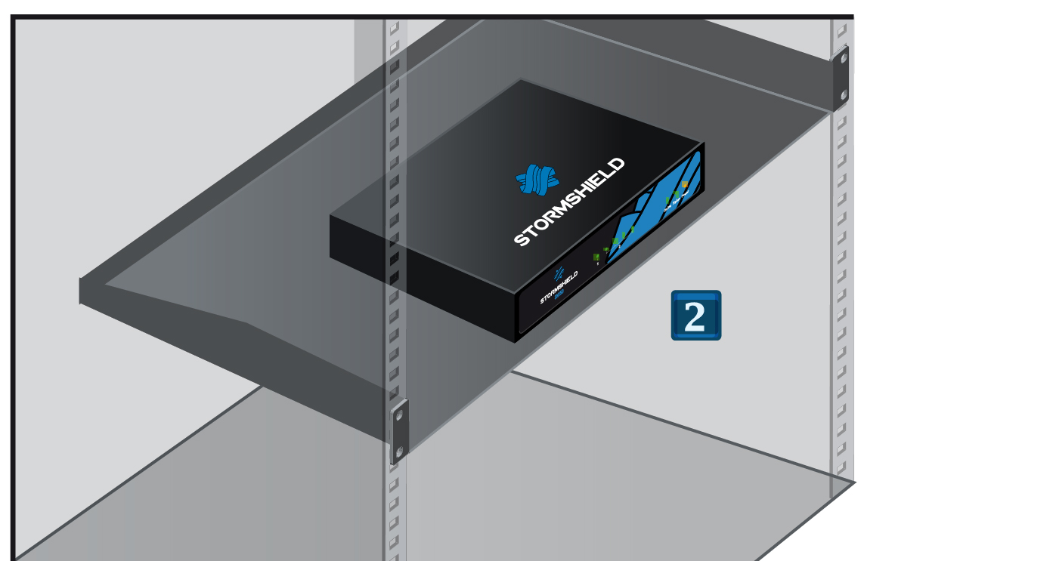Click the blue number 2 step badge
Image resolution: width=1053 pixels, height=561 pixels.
pos(695,316)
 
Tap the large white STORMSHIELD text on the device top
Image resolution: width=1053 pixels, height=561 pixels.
pos(569,202)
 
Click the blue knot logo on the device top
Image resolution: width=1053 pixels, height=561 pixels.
pos(537,180)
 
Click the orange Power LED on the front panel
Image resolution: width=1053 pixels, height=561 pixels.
pos(685,184)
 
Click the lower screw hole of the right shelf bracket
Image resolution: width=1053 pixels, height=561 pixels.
pos(844,94)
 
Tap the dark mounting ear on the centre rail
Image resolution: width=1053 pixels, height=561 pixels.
pos(399,432)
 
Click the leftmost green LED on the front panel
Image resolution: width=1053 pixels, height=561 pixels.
pos(596,257)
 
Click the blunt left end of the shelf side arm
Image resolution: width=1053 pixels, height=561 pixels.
pos(81,291)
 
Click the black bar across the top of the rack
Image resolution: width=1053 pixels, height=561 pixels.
pos(431,16)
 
